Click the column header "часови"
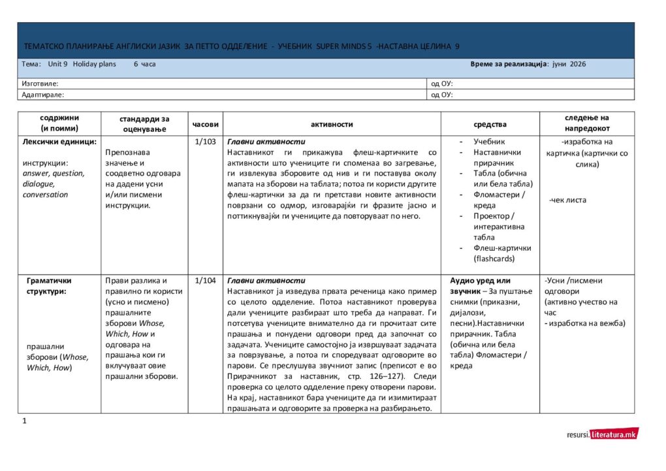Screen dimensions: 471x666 point(206,124)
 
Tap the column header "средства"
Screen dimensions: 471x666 point(490,124)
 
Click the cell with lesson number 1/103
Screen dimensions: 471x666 point(206,142)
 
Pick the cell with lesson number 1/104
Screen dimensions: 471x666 point(206,280)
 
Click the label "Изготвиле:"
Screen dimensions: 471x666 point(40,84)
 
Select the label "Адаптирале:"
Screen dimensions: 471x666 point(42,95)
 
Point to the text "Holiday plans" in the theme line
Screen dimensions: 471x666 point(94,64)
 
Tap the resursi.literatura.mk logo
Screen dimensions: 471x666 point(603,434)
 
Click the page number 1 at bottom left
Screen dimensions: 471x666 point(24,421)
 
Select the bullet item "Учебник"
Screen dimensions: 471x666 point(489,142)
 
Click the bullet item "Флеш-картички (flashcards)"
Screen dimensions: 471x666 point(501,253)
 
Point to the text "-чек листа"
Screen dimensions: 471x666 point(567,200)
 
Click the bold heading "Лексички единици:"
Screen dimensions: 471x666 point(59,142)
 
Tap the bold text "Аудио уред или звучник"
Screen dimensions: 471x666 point(481,285)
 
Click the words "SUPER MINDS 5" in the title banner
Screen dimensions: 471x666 point(344,46)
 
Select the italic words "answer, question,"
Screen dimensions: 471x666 point(53,173)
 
